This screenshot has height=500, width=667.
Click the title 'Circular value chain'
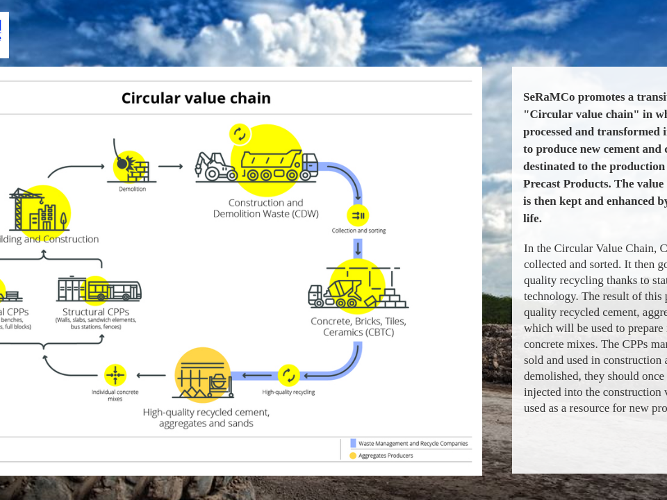196,98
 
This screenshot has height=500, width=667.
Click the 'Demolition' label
132,189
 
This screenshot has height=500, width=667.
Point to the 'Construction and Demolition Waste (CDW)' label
265,208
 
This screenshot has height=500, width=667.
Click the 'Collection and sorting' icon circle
358,215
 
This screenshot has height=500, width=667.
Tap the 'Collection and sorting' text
359,231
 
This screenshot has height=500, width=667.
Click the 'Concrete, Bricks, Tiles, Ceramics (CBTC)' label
359,326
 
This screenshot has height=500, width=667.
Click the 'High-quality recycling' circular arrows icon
289,376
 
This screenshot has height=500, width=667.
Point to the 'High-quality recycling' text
288,392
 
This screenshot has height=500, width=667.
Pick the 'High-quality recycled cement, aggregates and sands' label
206,417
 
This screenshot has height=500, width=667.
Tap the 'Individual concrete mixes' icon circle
115,375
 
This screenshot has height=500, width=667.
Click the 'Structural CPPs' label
96,312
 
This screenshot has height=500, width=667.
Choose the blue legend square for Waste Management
353,443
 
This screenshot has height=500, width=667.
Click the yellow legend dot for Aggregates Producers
353,456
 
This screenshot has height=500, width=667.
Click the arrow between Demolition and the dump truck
170,167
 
